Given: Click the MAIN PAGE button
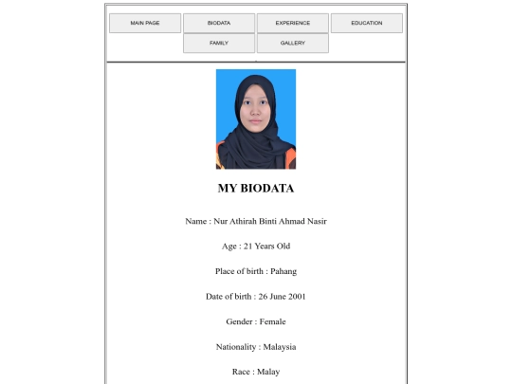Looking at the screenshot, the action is [144, 23].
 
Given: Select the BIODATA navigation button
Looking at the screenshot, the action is [218, 23].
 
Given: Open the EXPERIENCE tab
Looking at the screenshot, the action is [292, 23].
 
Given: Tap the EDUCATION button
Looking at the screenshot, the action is [366, 23].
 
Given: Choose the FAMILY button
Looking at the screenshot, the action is [218, 44].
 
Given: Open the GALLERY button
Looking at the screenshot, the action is [292, 44].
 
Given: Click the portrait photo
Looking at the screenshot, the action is [256, 119].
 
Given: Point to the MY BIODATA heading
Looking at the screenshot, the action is [256, 189].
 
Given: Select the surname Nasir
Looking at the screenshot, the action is [316, 222].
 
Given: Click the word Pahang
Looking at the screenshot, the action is [283, 271].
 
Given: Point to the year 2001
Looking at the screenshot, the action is [297, 297].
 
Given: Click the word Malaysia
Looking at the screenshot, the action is [280, 347].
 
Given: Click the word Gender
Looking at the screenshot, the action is [238, 321].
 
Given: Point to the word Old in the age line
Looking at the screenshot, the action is [283, 247].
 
